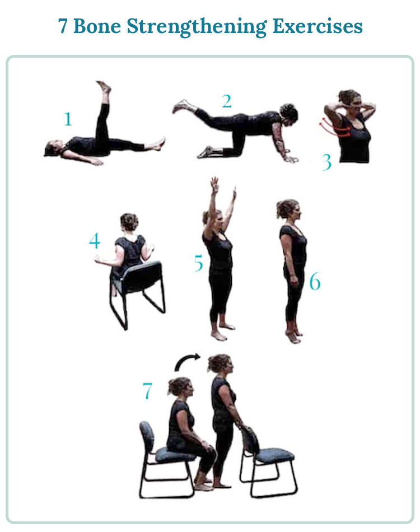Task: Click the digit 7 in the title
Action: pyautogui.click(x=63, y=26)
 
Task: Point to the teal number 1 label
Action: pyautogui.click(x=68, y=119)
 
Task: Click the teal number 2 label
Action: pyautogui.click(x=226, y=101)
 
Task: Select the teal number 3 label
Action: pyautogui.click(x=327, y=162)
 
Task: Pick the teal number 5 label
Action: pyautogui.click(x=198, y=263)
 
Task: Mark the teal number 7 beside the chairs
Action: pyautogui.click(x=147, y=391)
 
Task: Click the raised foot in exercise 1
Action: pyautogui.click(x=104, y=88)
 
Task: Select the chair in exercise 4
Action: pyautogui.click(x=138, y=291)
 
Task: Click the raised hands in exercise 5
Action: pyautogui.click(x=223, y=188)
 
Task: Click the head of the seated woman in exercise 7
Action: pyautogui.click(x=181, y=387)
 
